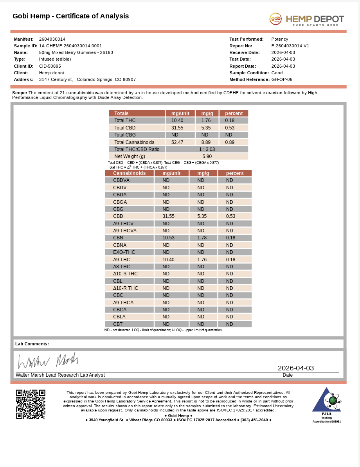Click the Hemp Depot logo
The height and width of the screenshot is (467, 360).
click(x=306, y=19)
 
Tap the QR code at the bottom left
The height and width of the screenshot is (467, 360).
click(x=31, y=404)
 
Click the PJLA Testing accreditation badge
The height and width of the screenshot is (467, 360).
click(x=326, y=405)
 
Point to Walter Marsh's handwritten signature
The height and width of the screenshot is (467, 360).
click(x=48, y=361)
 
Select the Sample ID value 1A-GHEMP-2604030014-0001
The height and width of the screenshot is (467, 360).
click(x=70, y=46)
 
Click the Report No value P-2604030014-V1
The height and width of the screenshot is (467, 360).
click(x=290, y=46)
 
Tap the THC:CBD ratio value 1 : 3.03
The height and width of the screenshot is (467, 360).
click(x=207, y=149)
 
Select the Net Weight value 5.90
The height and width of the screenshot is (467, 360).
click(x=207, y=156)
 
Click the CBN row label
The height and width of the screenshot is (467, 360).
click(x=118, y=238)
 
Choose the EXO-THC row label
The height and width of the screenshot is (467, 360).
click(x=124, y=252)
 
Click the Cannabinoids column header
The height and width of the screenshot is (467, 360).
click(x=129, y=173)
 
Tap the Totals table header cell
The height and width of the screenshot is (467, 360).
click(x=121, y=113)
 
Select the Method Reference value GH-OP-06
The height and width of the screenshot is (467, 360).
click(x=282, y=79)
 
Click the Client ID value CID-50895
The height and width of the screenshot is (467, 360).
click(x=50, y=66)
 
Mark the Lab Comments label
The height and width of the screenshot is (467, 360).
click(x=32, y=344)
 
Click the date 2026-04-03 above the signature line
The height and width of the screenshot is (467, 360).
click(x=295, y=368)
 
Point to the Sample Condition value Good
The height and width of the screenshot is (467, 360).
click(x=277, y=73)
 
